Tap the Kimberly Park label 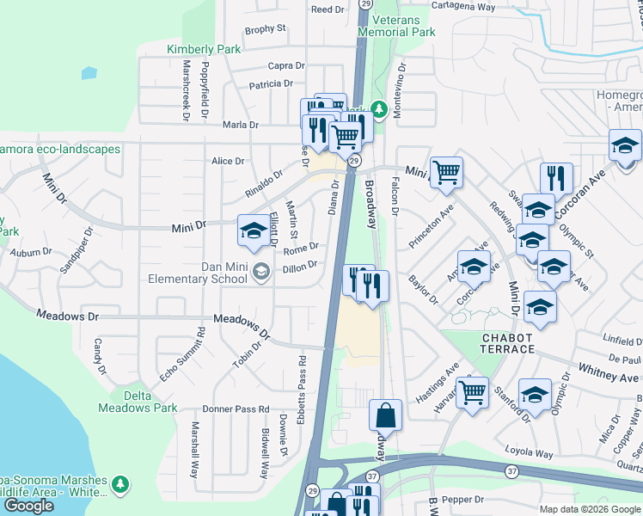204,49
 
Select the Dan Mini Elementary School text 212,273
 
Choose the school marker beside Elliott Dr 252,230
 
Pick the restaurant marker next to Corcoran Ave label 556,178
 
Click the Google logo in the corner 28,506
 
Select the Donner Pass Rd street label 236,409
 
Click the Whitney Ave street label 611,378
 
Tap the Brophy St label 265,29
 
